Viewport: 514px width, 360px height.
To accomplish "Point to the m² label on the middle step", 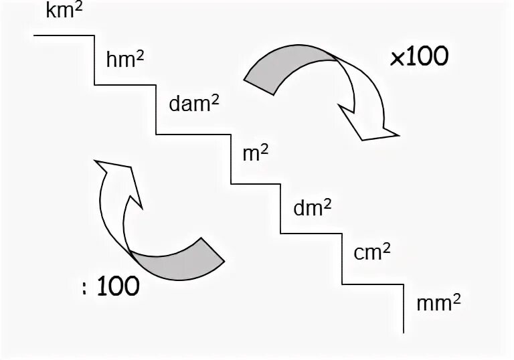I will pos(255,154).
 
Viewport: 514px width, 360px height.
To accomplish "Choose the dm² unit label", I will pos(313,207).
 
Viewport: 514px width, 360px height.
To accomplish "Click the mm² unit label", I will pos(438,302).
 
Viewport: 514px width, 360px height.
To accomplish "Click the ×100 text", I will pos(419,58).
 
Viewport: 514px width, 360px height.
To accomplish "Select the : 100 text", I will pos(110,286).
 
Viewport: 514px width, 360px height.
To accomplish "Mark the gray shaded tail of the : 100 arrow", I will pos(181,258).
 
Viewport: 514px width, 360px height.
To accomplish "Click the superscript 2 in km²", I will pos(79,7).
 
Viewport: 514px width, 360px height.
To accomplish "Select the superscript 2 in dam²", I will pos(216,100).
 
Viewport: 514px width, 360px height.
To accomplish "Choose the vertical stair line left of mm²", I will pos(404,308).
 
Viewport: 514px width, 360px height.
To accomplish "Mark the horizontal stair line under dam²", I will pos(193,134).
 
